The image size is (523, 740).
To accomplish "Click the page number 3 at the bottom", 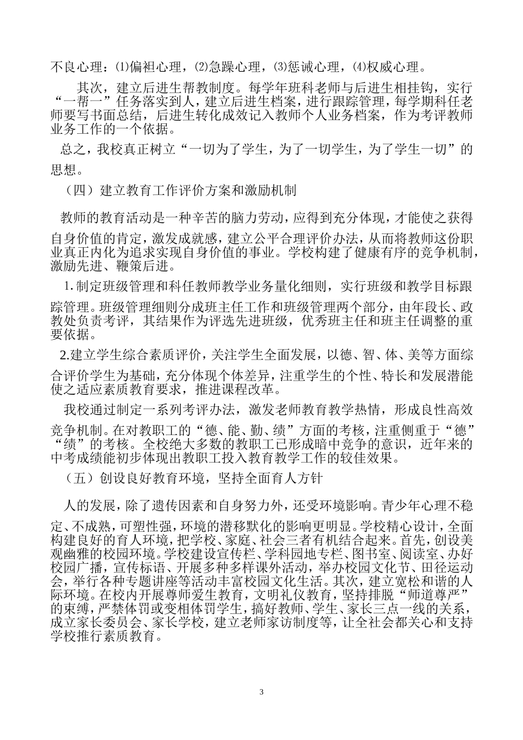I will click(x=261, y=692).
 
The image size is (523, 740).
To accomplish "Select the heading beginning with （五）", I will click(x=192, y=478).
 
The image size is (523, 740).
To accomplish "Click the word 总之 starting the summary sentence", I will click(x=72, y=149).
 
